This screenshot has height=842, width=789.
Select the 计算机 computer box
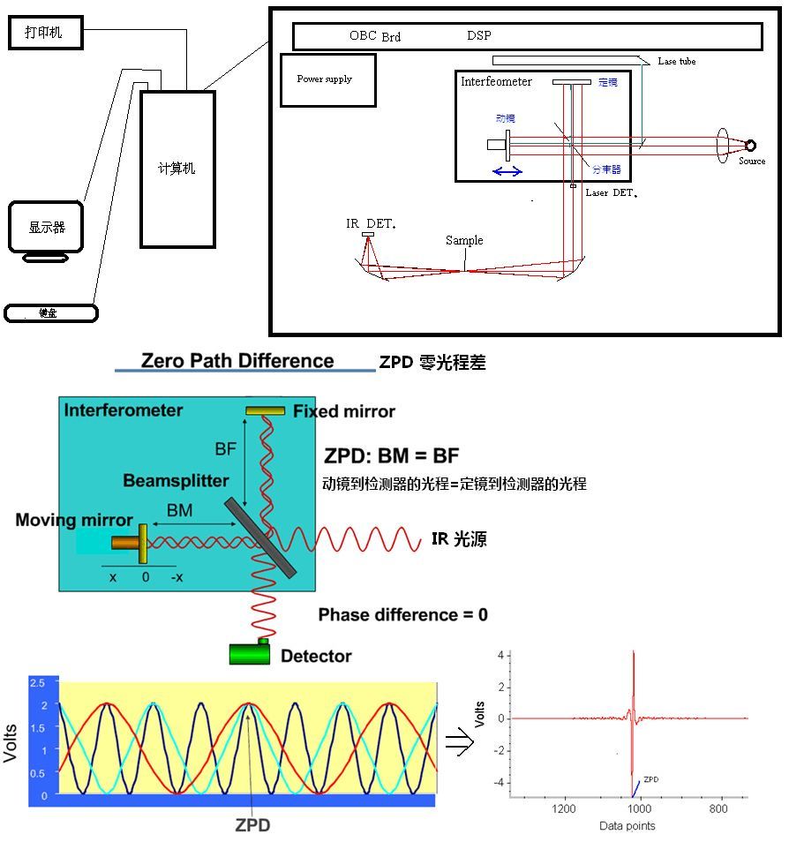(177, 169)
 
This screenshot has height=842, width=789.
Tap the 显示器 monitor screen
(47, 227)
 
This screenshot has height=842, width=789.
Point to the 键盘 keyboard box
(50, 312)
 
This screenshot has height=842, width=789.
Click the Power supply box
(327, 80)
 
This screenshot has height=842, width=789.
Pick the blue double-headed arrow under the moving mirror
(507, 171)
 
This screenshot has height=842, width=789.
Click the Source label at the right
(752, 162)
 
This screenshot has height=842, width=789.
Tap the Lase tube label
(677, 62)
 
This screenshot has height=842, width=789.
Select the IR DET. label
(371, 224)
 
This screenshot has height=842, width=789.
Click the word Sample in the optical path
(464, 240)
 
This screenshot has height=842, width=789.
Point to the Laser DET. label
(611, 192)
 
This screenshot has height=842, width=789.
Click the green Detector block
(250, 653)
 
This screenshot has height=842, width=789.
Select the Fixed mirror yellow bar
(265, 410)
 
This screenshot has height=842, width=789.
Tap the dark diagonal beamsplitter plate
(260, 538)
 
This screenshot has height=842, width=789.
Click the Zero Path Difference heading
(237, 361)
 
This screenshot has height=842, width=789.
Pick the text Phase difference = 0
(402, 615)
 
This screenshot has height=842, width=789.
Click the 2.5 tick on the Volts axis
(37, 684)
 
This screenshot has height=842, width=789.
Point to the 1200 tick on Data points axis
(563, 808)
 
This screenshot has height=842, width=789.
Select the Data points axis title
(627, 826)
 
